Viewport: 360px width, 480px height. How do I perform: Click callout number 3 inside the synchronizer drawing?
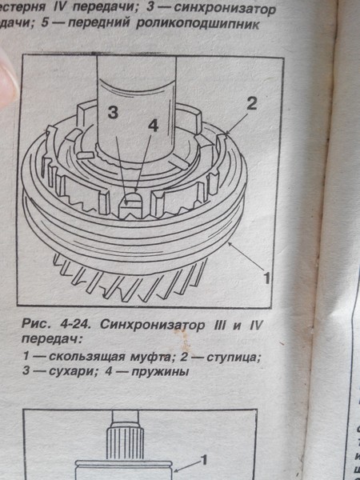pyautogui.click(x=114, y=113)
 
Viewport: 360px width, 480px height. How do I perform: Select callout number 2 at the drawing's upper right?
pyautogui.click(x=250, y=102)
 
